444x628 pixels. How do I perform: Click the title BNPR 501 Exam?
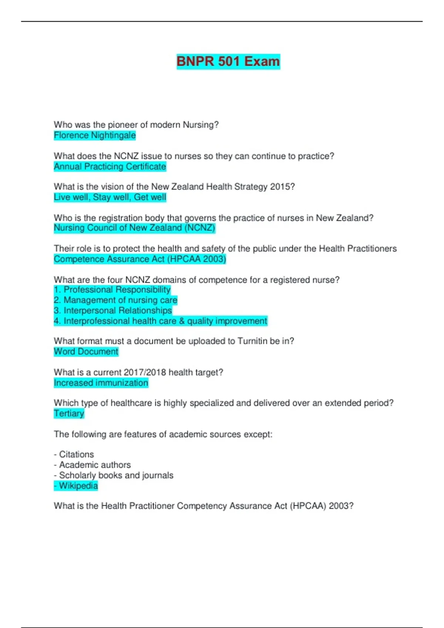click(x=228, y=61)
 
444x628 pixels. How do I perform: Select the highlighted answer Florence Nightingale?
click(x=95, y=136)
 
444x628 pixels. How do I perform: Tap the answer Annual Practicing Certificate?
click(x=110, y=167)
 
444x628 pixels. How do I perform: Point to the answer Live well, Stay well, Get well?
click(x=110, y=197)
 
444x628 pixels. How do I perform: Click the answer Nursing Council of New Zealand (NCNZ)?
click(x=134, y=228)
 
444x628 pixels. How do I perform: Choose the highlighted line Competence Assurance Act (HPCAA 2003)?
click(x=140, y=259)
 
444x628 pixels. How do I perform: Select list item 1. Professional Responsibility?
click(x=112, y=290)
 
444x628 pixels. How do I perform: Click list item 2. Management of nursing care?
click(x=115, y=300)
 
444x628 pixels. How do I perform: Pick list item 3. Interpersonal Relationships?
click(x=113, y=310)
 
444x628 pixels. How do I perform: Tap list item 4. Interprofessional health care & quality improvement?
click(x=160, y=321)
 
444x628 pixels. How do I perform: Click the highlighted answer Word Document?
click(x=86, y=352)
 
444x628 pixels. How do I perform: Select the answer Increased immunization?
click(x=101, y=383)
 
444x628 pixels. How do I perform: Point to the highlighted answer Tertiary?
click(x=69, y=413)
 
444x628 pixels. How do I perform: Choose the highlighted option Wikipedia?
click(x=76, y=486)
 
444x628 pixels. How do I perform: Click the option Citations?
click(x=74, y=454)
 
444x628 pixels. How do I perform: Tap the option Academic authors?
click(x=92, y=465)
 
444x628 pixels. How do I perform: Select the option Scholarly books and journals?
click(x=114, y=475)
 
